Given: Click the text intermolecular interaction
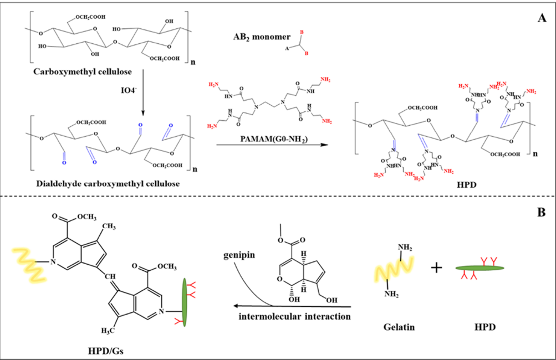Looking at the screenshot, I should (289, 317).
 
